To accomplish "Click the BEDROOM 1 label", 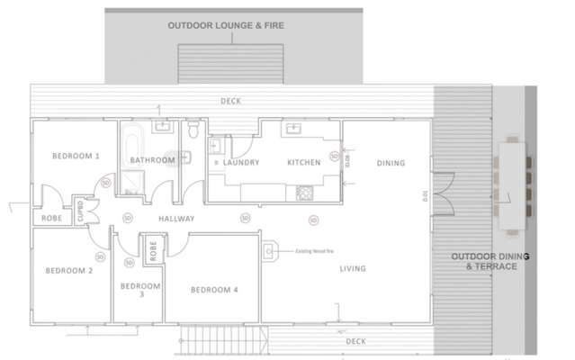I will point(76,156).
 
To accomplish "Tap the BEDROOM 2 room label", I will point(69,270).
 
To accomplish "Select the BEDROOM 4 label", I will point(214,290).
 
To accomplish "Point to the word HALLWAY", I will point(177,219).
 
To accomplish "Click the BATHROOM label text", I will point(152,160).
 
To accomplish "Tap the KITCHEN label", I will point(304,163).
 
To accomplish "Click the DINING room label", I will point(391,163).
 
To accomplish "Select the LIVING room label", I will point(352,268).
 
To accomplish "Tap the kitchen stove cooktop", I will point(303,192).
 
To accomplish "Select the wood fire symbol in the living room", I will point(268,252).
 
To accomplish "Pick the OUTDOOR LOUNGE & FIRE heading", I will point(226,26).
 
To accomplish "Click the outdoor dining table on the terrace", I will point(513,179).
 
